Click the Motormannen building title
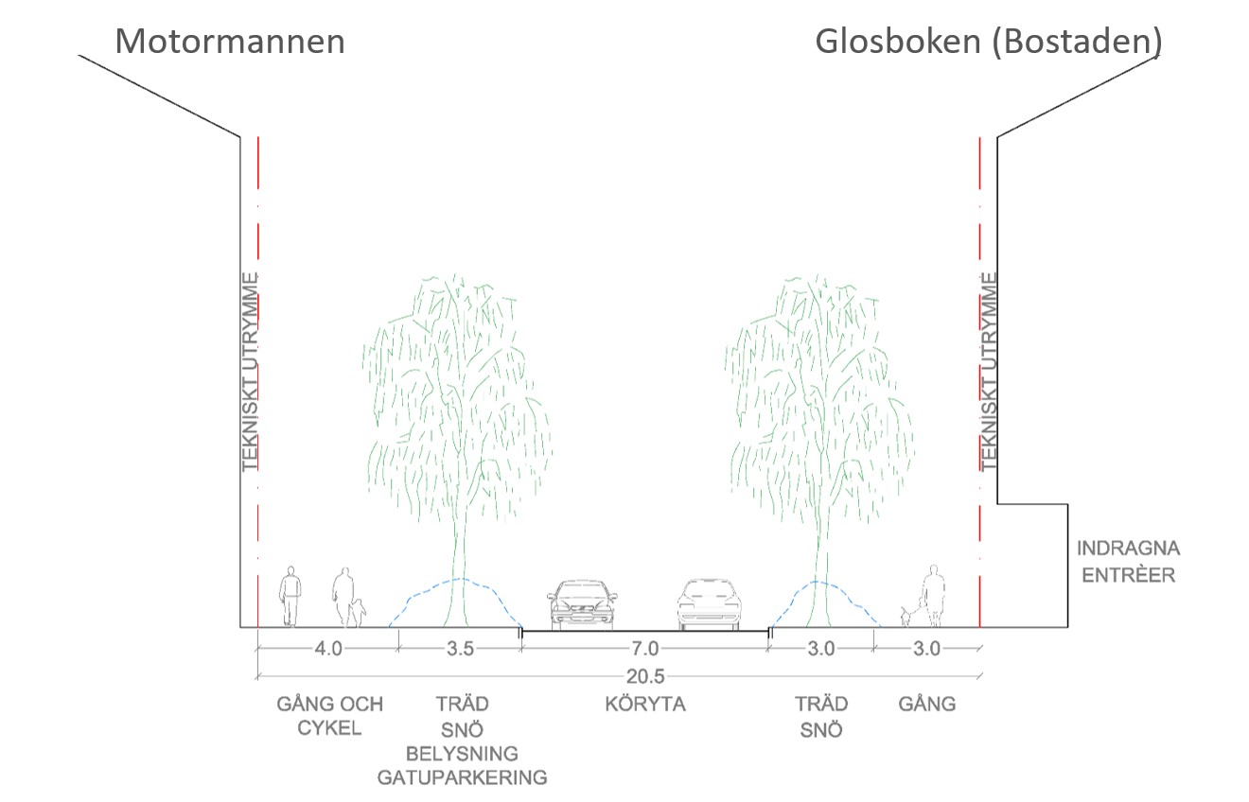coord(230,42)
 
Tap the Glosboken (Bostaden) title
coord(988,42)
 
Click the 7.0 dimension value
coord(645,649)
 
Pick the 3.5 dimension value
coord(460,649)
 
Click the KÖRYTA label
coord(645,705)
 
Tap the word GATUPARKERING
coord(462,778)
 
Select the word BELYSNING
coord(462,754)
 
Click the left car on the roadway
coord(582,604)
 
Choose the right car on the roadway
coord(709,604)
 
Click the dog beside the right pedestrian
coord(907,617)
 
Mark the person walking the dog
coord(934,595)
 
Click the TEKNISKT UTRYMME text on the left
coord(250,372)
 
